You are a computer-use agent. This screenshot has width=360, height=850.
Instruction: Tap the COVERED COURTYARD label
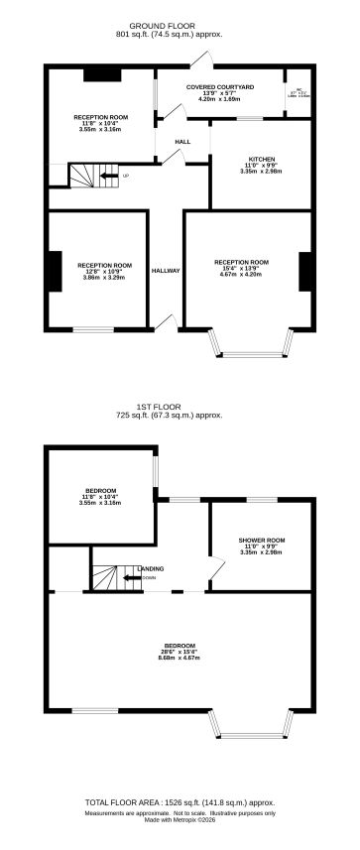(x=219, y=87)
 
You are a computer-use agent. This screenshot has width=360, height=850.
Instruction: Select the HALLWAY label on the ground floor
(x=166, y=271)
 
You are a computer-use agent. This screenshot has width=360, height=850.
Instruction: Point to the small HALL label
(x=182, y=142)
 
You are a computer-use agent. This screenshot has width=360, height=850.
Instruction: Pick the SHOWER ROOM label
(x=262, y=540)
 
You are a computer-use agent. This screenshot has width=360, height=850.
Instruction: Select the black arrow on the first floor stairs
(x=130, y=577)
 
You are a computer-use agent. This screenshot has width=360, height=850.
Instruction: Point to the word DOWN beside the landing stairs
(x=149, y=577)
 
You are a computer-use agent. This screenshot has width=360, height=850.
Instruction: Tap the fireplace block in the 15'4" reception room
(x=304, y=271)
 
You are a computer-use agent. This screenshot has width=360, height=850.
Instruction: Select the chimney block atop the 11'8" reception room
(x=101, y=73)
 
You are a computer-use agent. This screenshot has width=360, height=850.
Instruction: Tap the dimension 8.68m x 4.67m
(x=180, y=658)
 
